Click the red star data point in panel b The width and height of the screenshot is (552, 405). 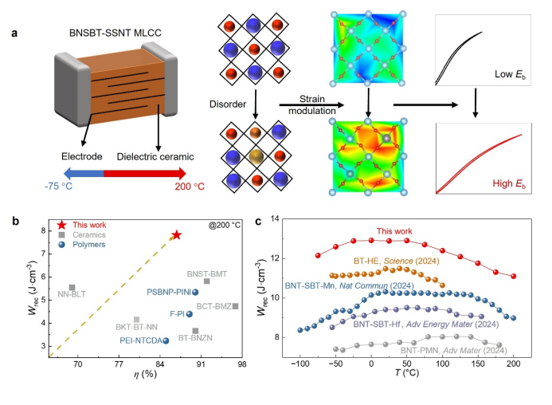(176, 235)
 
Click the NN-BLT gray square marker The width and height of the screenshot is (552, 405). (72, 288)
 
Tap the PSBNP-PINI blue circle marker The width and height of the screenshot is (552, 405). (195, 292)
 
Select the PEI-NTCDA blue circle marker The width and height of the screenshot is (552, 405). (166, 340)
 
